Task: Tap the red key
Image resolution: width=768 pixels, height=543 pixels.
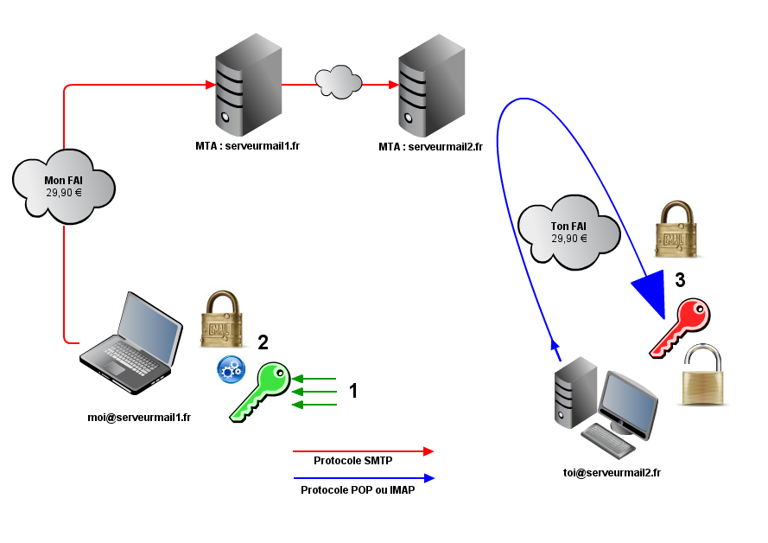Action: tap(682, 326)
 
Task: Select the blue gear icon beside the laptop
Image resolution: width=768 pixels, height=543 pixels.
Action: tap(231, 369)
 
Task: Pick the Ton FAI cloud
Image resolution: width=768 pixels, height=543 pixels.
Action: tap(568, 233)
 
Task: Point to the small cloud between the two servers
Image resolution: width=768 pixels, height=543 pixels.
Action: tap(338, 81)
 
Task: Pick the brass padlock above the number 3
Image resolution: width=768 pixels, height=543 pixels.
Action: tap(677, 231)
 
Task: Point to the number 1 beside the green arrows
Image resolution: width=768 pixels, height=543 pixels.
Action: tap(353, 391)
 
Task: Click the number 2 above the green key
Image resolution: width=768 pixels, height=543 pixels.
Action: tap(263, 342)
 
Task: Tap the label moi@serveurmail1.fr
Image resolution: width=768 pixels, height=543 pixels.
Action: tap(139, 417)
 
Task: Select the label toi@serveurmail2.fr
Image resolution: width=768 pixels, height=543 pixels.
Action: tap(611, 472)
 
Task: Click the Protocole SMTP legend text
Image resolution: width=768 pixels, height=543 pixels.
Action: tap(352, 461)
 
